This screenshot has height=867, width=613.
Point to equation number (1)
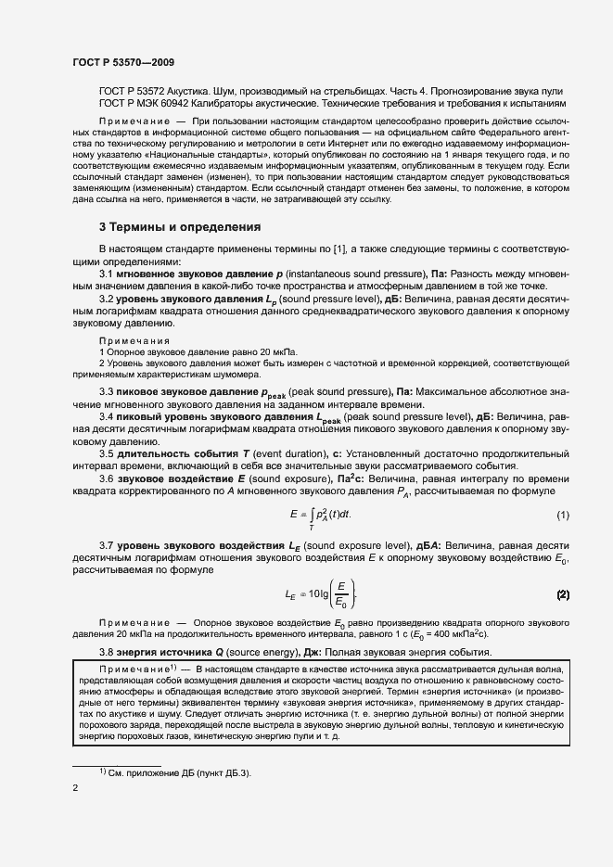(x=562, y=515)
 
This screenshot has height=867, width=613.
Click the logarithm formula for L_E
(x=320, y=593)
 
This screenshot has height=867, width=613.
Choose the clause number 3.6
(x=106, y=478)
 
